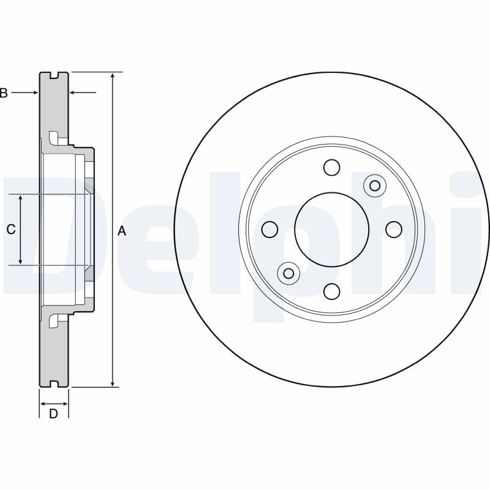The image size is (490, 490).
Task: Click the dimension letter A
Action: click(x=121, y=231)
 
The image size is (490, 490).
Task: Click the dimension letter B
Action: click(x=4, y=93)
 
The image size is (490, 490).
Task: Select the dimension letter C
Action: click(x=10, y=230)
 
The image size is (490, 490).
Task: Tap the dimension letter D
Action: click(x=53, y=414)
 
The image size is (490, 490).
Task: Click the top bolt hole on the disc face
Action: click(x=331, y=167)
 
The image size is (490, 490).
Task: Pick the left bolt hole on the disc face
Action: click(x=269, y=229)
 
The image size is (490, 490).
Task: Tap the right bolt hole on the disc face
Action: click(x=393, y=229)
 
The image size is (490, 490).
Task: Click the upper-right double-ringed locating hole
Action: click(x=374, y=186)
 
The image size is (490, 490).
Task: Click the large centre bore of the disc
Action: click(x=331, y=229)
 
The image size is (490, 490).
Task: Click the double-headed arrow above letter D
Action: click(x=54, y=404)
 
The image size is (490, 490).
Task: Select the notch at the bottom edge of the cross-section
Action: click(x=54, y=384)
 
